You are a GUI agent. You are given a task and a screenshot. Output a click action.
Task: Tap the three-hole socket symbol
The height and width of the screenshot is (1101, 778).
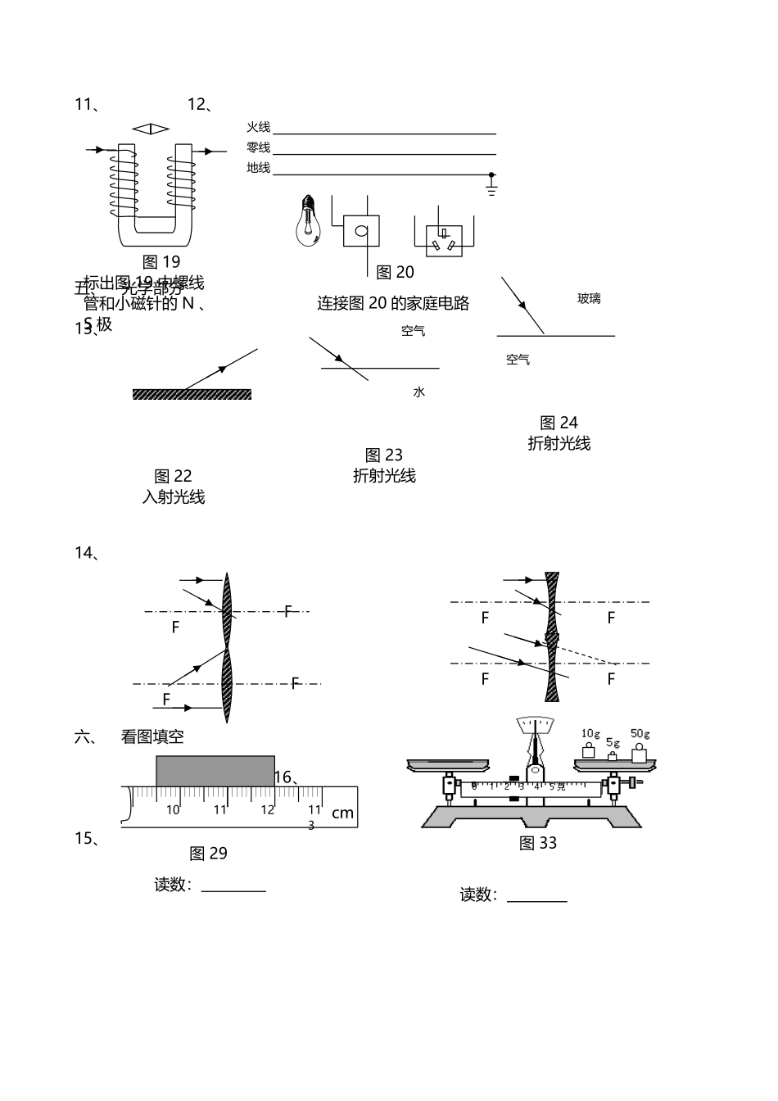(x=444, y=238)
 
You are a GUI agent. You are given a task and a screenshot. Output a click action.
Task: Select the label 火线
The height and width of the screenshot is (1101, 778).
(x=258, y=127)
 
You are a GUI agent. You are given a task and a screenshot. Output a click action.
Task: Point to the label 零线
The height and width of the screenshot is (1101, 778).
(x=258, y=147)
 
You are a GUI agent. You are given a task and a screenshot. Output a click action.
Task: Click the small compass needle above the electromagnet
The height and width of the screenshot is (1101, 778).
(x=151, y=129)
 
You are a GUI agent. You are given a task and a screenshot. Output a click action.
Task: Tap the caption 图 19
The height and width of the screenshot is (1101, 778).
(x=161, y=262)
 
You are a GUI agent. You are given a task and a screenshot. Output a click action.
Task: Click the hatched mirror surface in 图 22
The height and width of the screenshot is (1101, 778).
(x=192, y=395)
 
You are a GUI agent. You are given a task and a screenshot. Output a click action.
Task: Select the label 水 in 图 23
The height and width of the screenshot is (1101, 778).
(x=418, y=392)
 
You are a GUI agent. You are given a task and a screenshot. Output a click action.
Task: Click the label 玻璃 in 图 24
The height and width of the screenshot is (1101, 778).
(x=589, y=299)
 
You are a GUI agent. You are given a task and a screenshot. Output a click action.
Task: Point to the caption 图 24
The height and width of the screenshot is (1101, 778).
(x=559, y=423)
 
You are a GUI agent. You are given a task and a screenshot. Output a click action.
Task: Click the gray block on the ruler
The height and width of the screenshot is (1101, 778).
(x=215, y=771)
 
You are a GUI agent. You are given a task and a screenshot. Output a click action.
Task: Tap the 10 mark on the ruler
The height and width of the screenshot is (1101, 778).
(x=173, y=810)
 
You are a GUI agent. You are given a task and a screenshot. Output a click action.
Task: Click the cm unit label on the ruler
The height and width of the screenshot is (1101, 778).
(x=342, y=813)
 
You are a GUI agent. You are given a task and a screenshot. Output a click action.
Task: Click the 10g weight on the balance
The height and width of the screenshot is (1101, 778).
(x=588, y=750)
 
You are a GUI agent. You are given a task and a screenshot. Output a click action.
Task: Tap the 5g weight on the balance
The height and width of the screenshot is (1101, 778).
(x=612, y=755)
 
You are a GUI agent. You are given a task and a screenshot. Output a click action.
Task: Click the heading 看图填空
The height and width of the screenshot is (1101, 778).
(x=152, y=736)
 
